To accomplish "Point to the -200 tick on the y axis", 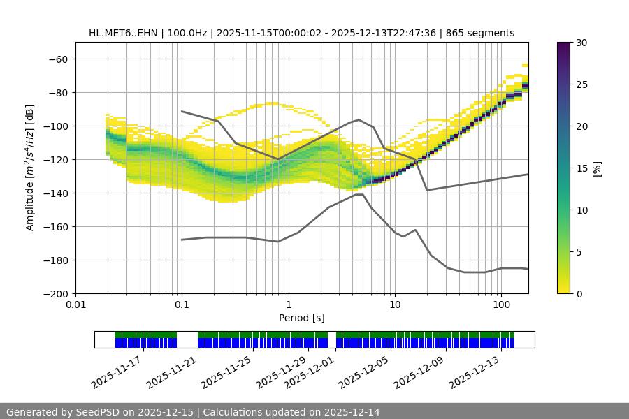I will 58,293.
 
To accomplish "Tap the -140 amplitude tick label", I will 58,193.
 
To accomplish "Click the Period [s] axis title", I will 301,318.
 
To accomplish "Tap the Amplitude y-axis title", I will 29,168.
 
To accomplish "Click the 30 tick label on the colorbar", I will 581,43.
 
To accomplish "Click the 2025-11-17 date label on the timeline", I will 115,372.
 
